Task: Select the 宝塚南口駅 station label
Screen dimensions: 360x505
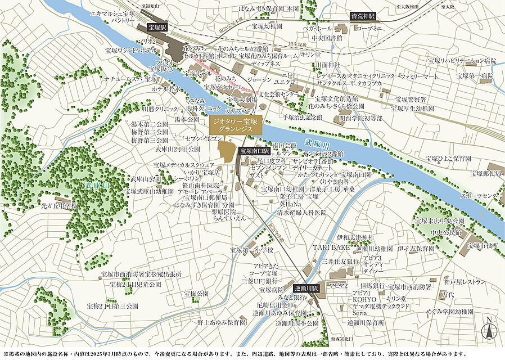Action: point(255,151)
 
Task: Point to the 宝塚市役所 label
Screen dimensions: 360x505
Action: point(483,246)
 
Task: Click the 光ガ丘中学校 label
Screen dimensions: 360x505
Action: point(57,206)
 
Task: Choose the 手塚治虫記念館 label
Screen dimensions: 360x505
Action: point(303,117)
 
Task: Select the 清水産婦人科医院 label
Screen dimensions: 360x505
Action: point(301,213)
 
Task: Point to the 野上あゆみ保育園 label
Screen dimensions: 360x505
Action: point(222,323)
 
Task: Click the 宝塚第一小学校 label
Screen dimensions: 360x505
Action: point(251,250)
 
